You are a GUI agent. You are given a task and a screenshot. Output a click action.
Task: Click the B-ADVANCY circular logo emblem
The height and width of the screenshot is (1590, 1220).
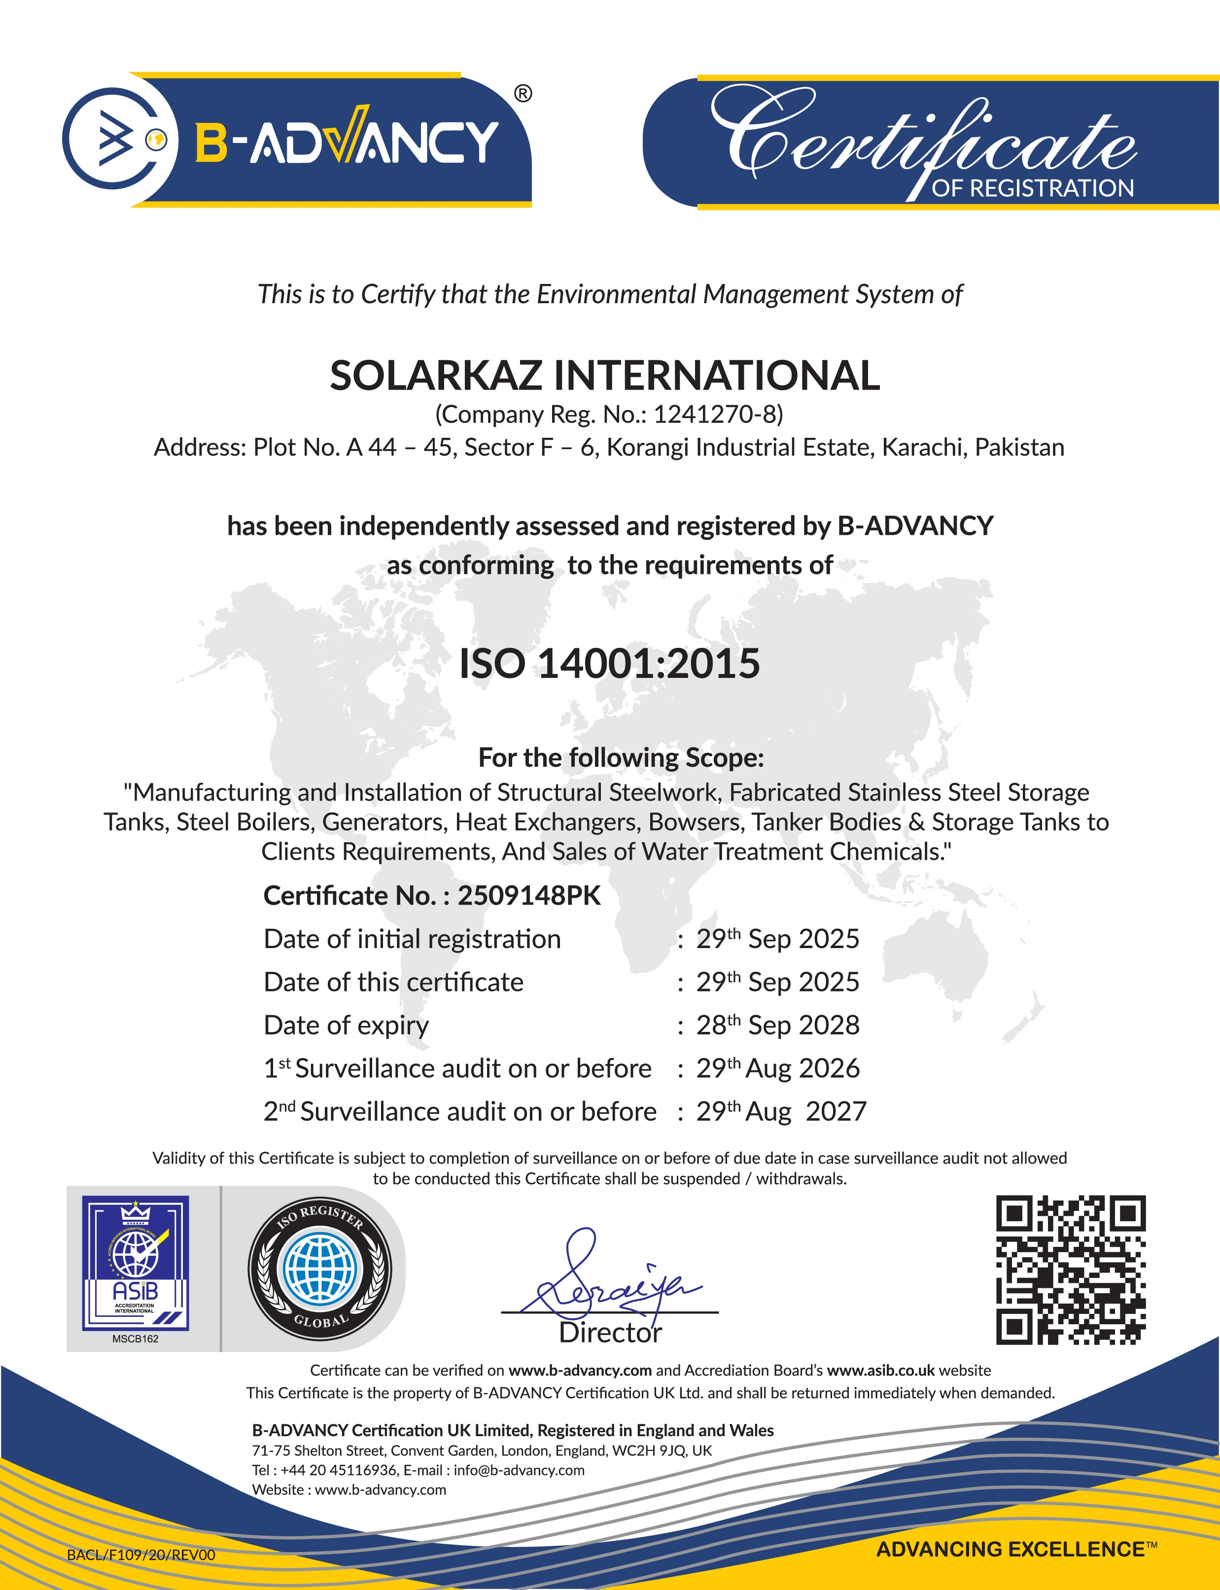[119, 139]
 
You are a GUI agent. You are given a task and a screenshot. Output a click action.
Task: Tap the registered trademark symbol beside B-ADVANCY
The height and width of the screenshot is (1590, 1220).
[523, 94]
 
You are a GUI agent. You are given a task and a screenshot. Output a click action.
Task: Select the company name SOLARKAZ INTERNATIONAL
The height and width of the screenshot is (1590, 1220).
[604, 376]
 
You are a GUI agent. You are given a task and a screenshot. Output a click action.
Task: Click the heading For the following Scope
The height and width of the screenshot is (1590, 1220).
[621, 758]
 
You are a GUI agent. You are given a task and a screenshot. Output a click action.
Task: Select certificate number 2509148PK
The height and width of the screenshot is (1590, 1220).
[528, 896]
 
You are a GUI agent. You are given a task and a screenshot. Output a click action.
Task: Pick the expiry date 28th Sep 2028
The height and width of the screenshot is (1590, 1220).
[777, 1025]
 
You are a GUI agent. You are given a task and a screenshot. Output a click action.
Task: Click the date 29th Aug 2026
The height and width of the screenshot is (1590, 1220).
[777, 1068]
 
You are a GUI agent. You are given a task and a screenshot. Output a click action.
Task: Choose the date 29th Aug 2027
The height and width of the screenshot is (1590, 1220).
[781, 1111]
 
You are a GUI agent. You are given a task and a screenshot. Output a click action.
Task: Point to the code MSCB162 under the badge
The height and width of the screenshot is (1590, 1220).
[135, 1339]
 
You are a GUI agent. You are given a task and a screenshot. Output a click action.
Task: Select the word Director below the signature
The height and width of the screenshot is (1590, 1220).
[610, 1333]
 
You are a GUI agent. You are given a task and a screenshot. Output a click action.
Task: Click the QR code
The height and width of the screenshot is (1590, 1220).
[1071, 1269]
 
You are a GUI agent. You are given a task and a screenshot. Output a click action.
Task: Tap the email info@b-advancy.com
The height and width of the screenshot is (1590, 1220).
[519, 1470]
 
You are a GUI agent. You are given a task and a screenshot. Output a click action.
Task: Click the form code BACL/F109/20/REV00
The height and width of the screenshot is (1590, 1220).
[141, 1555]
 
